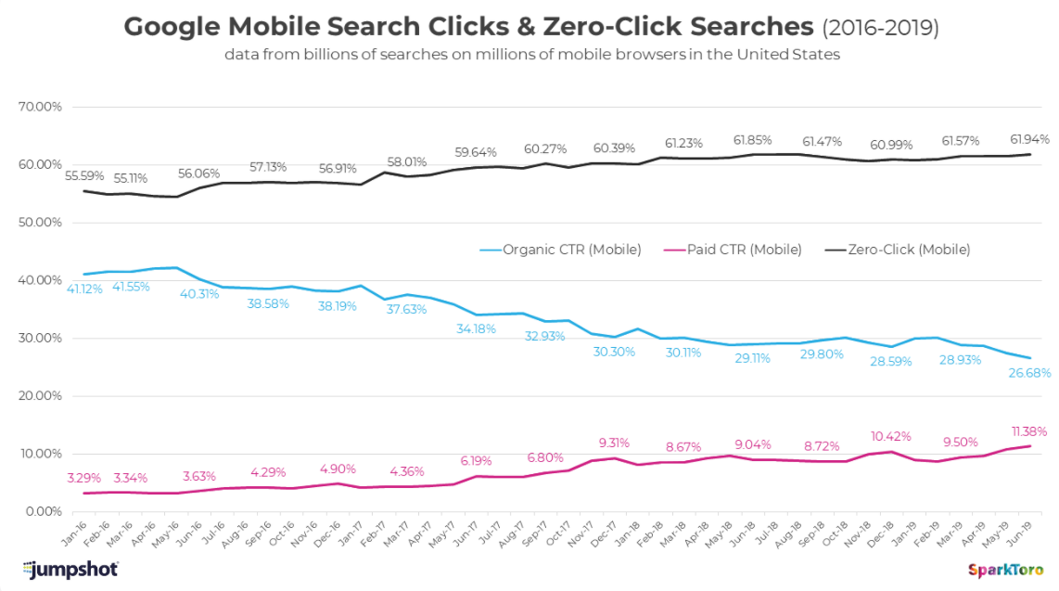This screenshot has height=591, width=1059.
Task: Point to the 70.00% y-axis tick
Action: click(x=40, y=107)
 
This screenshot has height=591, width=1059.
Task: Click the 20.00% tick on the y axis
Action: click(x=40, y=396)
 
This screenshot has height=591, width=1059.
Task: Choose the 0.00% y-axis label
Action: click(x=43, y=511)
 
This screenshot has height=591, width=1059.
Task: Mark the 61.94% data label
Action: click(x=1027, y=139)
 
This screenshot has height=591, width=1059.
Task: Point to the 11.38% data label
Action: click(x=1027, y=430)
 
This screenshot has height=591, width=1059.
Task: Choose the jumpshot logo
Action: click(x=70, y=569)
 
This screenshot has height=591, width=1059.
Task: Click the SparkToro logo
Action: click(x=1003, y=570)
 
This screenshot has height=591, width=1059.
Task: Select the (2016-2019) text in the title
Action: click(x=879, y=28)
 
